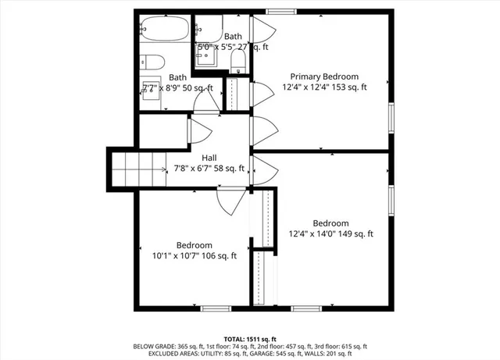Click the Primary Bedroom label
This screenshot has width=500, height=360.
324,77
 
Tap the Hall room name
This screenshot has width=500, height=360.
209,157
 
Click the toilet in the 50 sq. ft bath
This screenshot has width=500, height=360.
152,62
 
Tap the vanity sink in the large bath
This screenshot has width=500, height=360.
148,87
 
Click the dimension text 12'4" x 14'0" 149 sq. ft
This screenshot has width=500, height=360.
330,233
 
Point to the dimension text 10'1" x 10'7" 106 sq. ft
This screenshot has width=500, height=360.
194,255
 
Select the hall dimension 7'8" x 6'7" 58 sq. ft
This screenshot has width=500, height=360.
210,168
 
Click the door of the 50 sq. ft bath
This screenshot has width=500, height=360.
205,102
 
